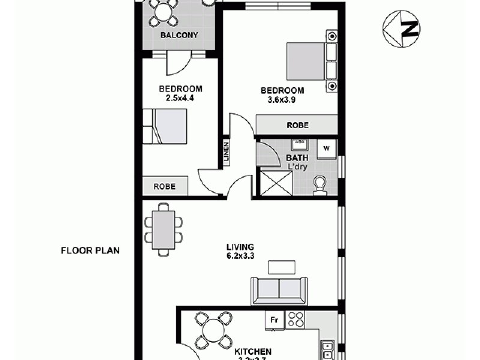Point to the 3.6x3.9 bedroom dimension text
[282, 100]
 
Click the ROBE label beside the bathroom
[298, 125]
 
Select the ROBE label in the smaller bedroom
[164, 186]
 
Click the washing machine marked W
[327, 147]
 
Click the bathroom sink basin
[298, 145]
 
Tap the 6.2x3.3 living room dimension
[241, 255]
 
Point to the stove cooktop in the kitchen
[295, 320]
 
